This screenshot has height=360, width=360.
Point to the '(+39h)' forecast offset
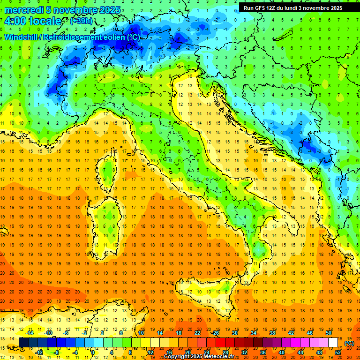(81, 21)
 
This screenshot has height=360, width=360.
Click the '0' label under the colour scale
(93, 352)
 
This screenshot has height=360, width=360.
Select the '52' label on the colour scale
(338, 352)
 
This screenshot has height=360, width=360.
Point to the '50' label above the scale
(328, 333)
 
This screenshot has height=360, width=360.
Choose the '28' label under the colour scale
(225, 352)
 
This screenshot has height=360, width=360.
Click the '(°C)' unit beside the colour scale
(349, 343)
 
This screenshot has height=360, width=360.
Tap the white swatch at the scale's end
(333, 343)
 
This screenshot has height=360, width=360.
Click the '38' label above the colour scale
(272, 333)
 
